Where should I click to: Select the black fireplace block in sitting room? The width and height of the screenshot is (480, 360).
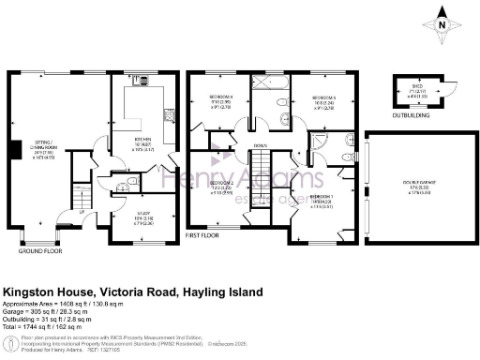click(13, 151)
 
